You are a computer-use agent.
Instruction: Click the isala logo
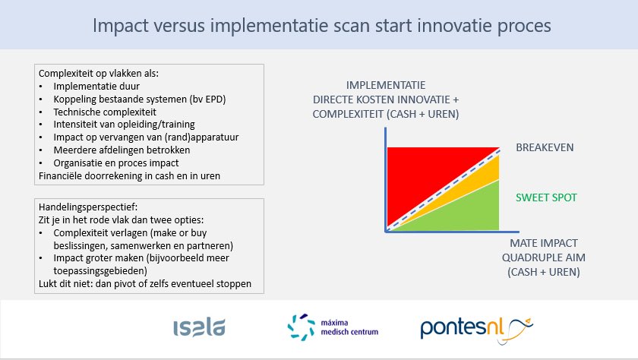(x=199, y=327)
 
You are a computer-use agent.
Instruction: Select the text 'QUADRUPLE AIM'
(x=543, y=257)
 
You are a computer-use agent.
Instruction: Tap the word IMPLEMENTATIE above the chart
(x=385, y=85)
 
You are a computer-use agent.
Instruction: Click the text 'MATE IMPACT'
(x=543, y=243)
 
